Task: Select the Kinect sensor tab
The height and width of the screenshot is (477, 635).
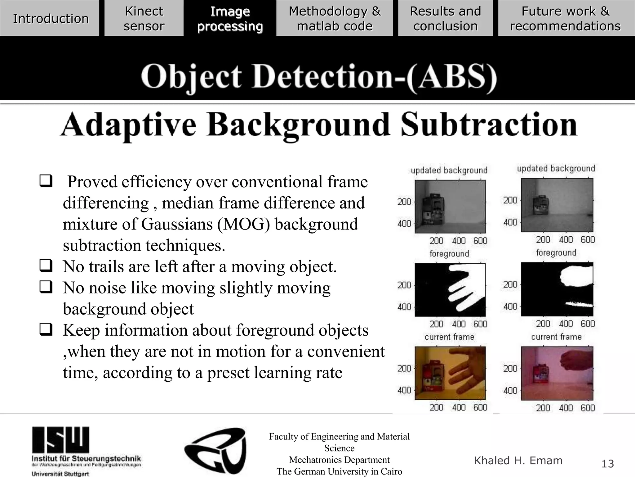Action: tap(144, 18)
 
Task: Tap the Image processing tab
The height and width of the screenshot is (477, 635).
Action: tap(230, 18)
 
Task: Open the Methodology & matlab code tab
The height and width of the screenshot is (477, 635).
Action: tap(335, 18)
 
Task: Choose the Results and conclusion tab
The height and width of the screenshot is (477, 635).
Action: tap(445, 18)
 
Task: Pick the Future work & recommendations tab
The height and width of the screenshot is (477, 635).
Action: tap(566, 18)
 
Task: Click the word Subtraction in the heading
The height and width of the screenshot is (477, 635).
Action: tap(489, 125)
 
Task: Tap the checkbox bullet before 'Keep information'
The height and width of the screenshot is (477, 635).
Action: tap(46, 329)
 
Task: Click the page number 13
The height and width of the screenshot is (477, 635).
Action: tap(607, 464)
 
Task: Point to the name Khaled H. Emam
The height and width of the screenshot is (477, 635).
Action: tap(518, 461)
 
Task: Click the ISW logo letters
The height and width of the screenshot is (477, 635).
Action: tap(60, 439)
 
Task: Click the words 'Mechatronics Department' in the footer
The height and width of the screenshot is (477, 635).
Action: tap(339, 460)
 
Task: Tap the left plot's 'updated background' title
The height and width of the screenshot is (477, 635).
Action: tap(449, 170)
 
